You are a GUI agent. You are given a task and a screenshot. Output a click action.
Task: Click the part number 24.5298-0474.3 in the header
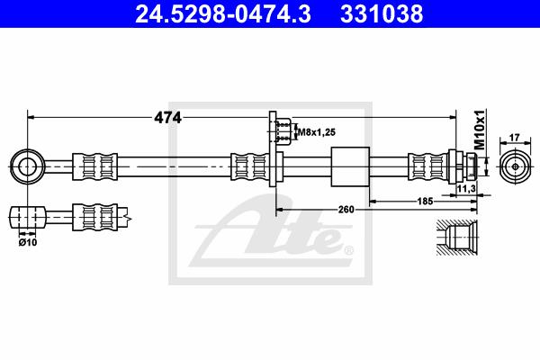click(x=223, y=14)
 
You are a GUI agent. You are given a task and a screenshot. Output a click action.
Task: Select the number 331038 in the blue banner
click(x=382, y=14)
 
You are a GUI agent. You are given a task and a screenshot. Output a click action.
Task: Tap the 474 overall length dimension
click(x=167, y=118)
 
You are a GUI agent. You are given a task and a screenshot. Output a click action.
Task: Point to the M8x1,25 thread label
click(x=317, y=132)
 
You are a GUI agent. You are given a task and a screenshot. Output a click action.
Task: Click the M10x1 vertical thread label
click(x=480, y=130)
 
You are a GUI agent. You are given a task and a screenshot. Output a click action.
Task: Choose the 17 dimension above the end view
click(x=514, y=138)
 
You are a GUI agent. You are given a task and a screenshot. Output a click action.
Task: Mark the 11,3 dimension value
click(x=466, y=188)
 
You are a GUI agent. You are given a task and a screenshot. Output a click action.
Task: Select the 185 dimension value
click(x=425, y=201)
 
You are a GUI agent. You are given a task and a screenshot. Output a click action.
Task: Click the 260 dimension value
click(x=346, y=210)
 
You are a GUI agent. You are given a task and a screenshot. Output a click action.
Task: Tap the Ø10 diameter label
click(x=28, y=242)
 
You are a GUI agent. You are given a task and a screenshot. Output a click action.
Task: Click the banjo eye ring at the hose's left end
click(x=27, y=166)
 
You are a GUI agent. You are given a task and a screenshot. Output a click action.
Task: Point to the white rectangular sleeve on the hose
click(x=350, y=166)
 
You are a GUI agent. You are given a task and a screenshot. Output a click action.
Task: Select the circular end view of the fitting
click(x=515, y=166)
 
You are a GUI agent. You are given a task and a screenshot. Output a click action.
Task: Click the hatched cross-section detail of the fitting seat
click(x=457, y=238)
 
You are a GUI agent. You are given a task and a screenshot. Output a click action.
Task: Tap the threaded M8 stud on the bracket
click(x=283, y=131)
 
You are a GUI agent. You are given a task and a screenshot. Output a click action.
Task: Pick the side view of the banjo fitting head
click(x=27, y=217)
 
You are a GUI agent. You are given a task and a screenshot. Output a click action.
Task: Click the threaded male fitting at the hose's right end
click(x=463, y=166)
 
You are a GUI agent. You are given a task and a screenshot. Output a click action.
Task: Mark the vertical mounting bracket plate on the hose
click(x=273, y=148)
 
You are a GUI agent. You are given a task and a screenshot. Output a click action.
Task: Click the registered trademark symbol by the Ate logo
click(x=348, y=250)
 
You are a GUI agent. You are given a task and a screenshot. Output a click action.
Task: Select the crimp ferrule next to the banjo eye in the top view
click(x=95, y=166)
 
